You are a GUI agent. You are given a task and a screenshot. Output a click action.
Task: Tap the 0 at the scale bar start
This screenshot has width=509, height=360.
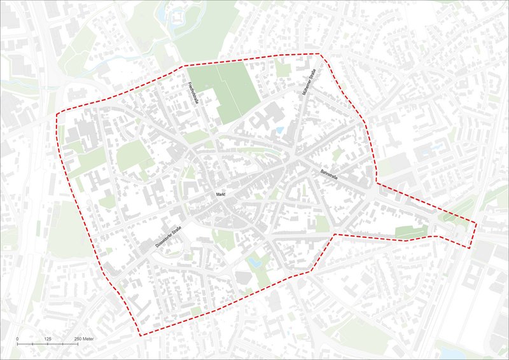click(17, 338)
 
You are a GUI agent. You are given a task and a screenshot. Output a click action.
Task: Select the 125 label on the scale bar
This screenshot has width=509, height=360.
click(48, 338)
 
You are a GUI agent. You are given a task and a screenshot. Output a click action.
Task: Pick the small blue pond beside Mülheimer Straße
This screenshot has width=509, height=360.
click(279, 130)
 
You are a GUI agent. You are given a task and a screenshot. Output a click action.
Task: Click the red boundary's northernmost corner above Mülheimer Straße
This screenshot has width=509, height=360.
click(317, 54)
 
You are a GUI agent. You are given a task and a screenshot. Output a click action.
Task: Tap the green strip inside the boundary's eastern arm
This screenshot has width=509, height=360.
click(410, 232)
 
